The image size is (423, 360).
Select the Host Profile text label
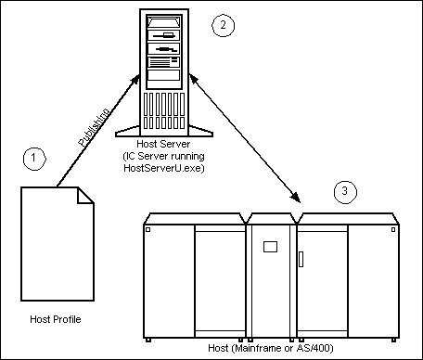[55, 320]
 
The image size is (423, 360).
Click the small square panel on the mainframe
[271, 248]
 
